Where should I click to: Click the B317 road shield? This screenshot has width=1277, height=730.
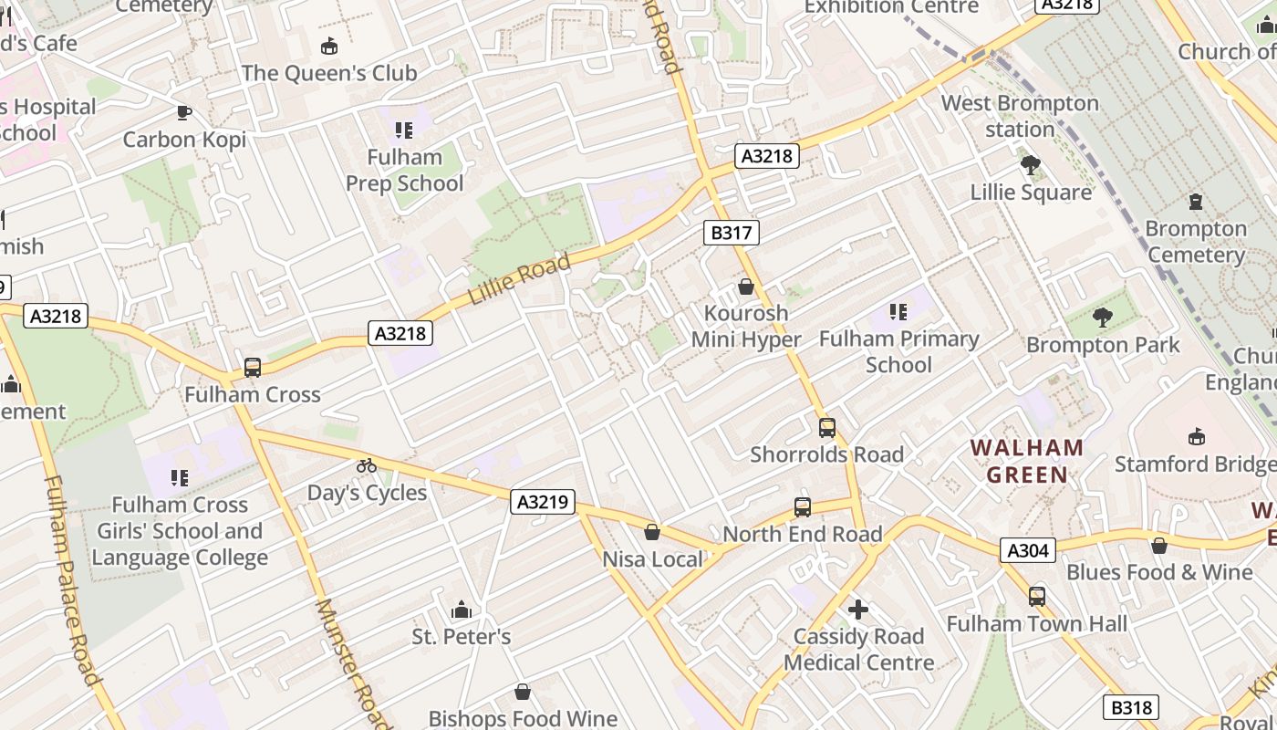pyautogui.click(x=732, y=233)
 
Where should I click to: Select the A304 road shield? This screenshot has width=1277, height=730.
pyautogui.click(x=1028, y=550)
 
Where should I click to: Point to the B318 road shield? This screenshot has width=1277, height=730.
pyautogui.click(x=1131, y=707)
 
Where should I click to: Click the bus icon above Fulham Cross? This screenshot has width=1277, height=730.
pyautogui.click(x=253, y=368)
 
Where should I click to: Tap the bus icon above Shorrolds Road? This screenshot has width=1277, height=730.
pyautogui.click(x=827, y=427)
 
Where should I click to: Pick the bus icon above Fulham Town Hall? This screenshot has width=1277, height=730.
pyautogui.click(x=1037, y=597)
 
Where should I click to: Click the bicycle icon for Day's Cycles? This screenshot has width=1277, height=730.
pyautogui.click(x=367, y=465)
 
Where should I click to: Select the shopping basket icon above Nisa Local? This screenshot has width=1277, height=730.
pyautogui.click(x=652, y=531)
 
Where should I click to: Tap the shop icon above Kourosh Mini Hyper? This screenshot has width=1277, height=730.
pyautogui.click(x=746, y=287)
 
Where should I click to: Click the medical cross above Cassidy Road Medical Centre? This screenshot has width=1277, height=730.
pyautogui.click(x=858, y=609)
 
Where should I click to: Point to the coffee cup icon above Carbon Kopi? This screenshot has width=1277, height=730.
pyautogui.click(x=184, y=112)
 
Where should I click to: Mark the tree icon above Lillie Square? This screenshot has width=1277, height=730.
pyautogui.click(x=1031, y=165)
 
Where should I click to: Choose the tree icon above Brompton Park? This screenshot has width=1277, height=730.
pyautogui.click(x=1103, y=318)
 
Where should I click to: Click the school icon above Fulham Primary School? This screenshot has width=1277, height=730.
pyautogui.click(x=898, y=312)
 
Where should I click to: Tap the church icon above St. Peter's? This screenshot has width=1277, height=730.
pyautogui.click(x=462, y=610)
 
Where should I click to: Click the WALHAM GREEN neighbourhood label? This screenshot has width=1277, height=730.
pyautogui.click(x=1027, y=461)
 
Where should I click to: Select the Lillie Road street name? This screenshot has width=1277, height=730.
pyautogui.click(x=519, y=279)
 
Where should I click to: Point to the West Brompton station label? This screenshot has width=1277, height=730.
pyautogui.click(x=1020, y=116)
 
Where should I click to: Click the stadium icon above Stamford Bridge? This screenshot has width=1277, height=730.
pyautogui.click(x=1197, y=436)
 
